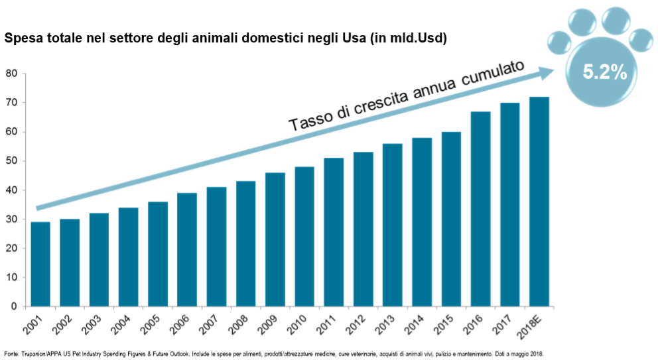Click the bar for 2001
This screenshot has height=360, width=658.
(x=40, y=265)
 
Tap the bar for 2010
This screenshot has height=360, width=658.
(x=304, y=237)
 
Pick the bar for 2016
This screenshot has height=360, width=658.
(x=480, y=209)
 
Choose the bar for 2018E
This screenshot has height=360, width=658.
(x=539, y=202)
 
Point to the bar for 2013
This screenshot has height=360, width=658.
(x=392, y=225)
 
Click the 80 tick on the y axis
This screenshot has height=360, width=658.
(x=11, y=74)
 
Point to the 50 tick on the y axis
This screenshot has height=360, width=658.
(x=11, y=161)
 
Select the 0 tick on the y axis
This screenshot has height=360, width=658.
(x=14, y=306)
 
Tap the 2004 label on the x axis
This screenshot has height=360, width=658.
(x=123, y=323)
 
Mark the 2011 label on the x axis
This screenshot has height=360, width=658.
(x=328, y=323)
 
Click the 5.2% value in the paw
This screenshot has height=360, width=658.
(x=604, y=73)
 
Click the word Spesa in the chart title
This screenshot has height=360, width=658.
(x=22, y=38)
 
